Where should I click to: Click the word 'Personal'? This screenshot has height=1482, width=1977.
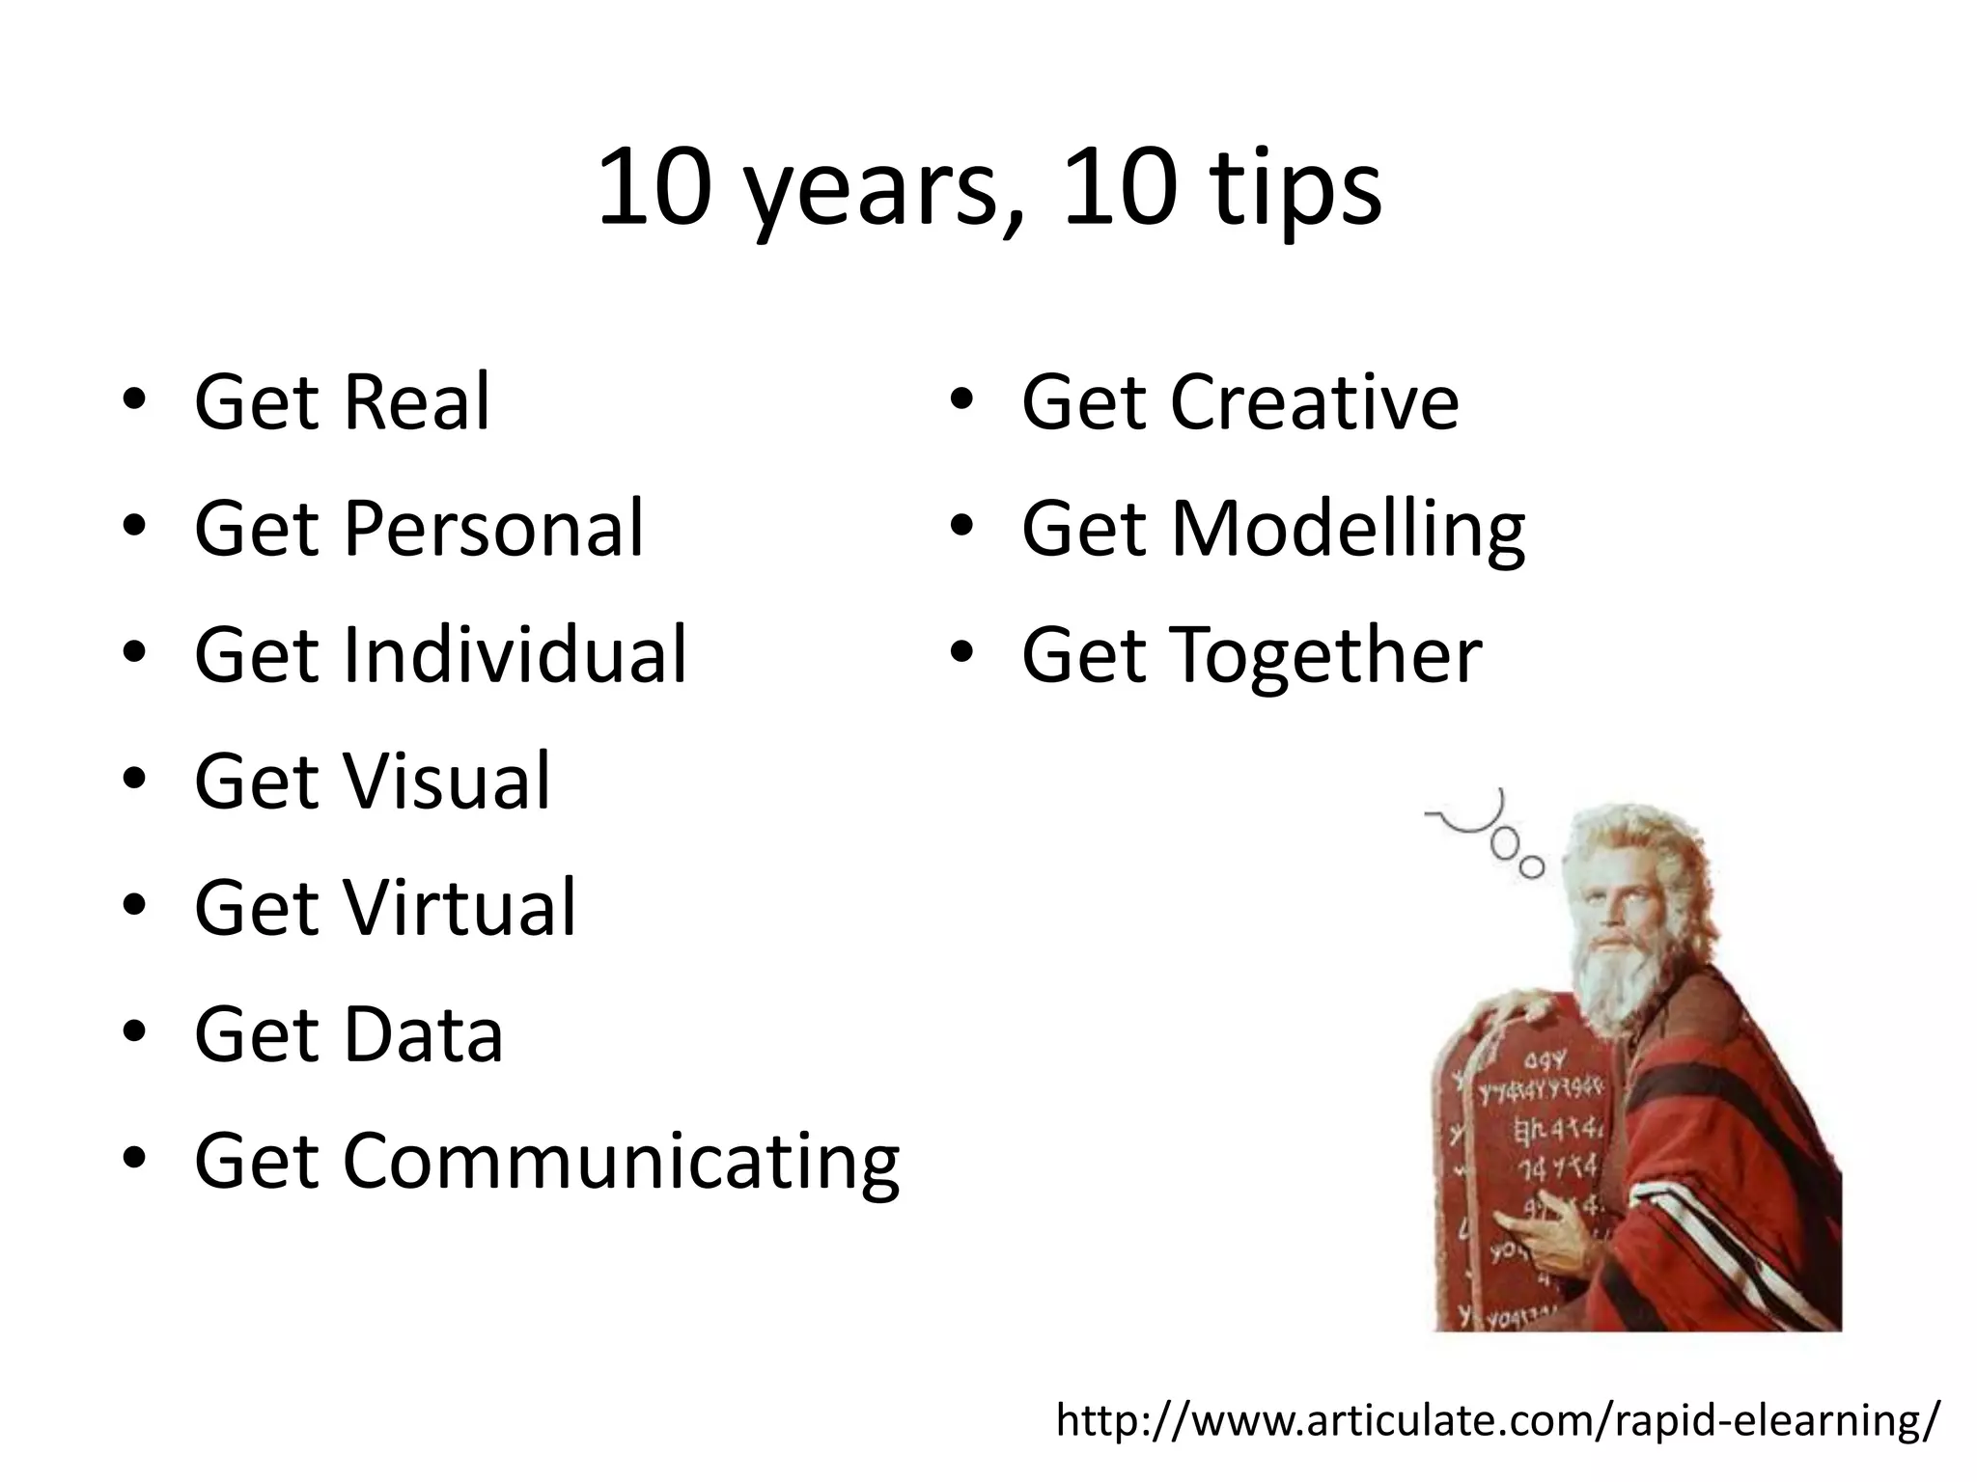point(492,529)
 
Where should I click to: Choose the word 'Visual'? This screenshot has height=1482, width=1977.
point(446,782)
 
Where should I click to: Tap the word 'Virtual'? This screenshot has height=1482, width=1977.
point(459,908)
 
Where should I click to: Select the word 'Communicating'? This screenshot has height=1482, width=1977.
point(621,1162)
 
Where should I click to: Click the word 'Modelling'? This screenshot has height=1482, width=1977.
point(1347,529)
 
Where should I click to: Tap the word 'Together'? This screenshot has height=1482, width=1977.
point(1325,655)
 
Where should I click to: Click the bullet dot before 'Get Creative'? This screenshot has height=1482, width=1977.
point(961,399)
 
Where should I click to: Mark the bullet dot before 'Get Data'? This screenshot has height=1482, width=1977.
point(134,1032)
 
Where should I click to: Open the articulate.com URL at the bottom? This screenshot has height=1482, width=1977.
point(1496,1420)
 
